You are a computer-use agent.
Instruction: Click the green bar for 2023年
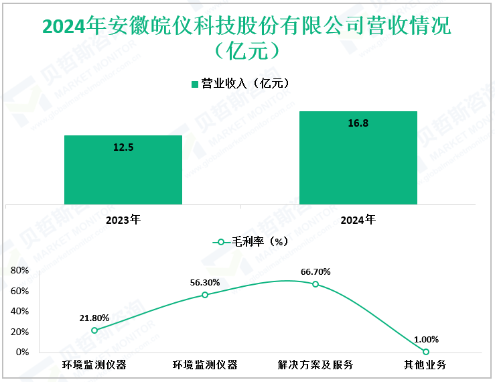point(123,170)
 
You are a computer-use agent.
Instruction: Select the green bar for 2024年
point(358,157)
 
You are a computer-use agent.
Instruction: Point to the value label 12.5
point(123,147)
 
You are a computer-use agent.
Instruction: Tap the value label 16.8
point(358,123)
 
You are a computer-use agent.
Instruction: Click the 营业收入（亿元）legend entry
point(240,84)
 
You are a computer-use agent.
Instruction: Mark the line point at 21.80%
point(94,330)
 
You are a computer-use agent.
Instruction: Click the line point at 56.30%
point(205,295)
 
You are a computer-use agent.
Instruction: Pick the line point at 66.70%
point(315,284)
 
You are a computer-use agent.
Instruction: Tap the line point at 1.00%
point(426,351)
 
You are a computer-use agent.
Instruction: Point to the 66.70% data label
point(315,272)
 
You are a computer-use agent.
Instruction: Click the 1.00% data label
point(426,339)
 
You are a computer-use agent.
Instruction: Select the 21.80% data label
point(94,318)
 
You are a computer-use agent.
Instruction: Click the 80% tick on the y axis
point(19,271)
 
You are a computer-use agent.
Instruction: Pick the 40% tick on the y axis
point(19,312)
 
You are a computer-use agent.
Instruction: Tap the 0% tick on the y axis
point(22,353)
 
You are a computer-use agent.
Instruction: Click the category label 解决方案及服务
point(315,365)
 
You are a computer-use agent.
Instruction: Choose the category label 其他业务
point(426,365)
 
